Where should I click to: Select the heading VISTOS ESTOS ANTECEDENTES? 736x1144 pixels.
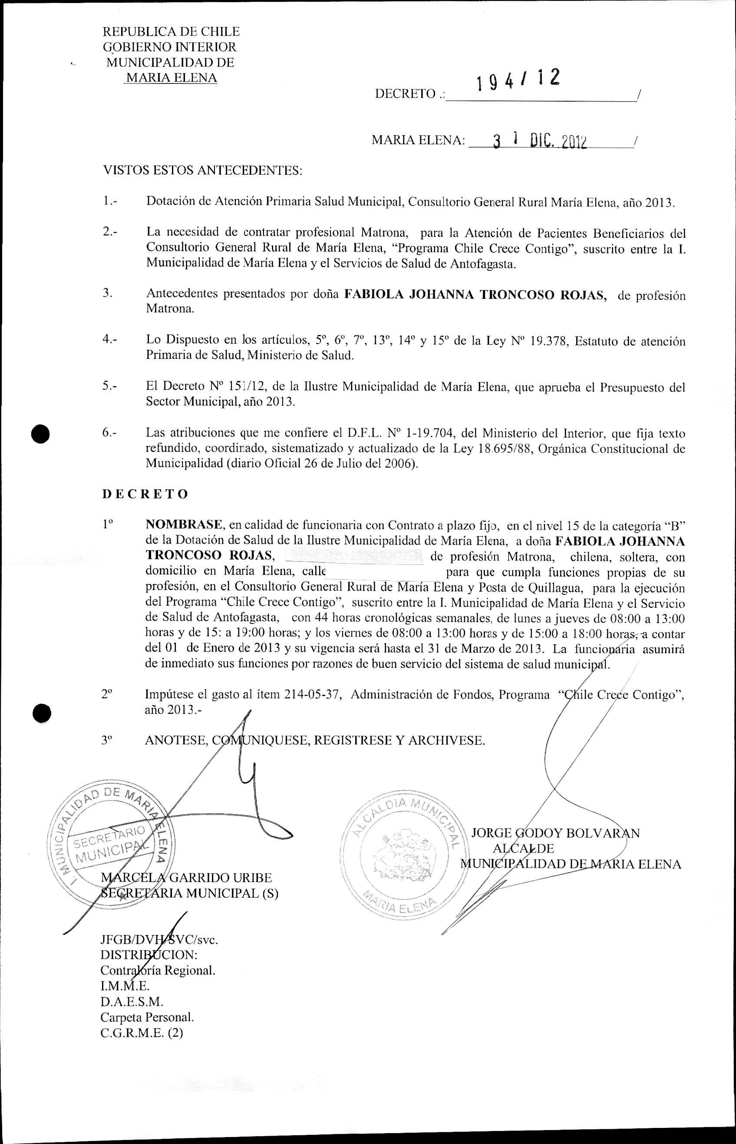click(203, 170)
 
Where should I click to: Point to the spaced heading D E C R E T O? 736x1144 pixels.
click(145, 494)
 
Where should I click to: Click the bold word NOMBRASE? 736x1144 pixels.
click(184, 524)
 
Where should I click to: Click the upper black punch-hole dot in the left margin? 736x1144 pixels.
click(42, 434)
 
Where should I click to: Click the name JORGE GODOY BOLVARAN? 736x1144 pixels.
click(555, 833)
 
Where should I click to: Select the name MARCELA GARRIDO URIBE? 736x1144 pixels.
click(186, 878)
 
